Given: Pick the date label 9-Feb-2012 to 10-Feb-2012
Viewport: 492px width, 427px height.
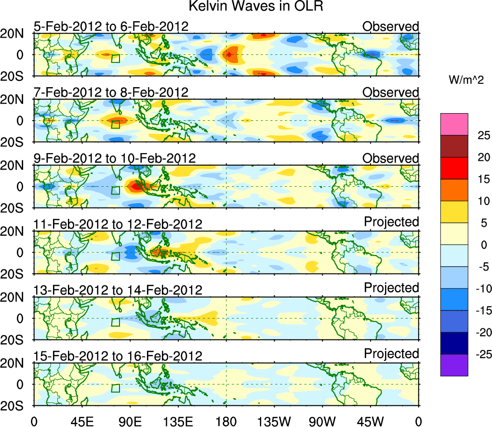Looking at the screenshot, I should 114,158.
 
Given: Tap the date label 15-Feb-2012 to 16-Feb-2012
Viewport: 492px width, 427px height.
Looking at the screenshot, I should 118,356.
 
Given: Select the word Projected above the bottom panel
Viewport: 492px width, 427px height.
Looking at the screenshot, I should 391,354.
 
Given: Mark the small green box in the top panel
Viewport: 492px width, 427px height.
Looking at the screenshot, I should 115,59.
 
